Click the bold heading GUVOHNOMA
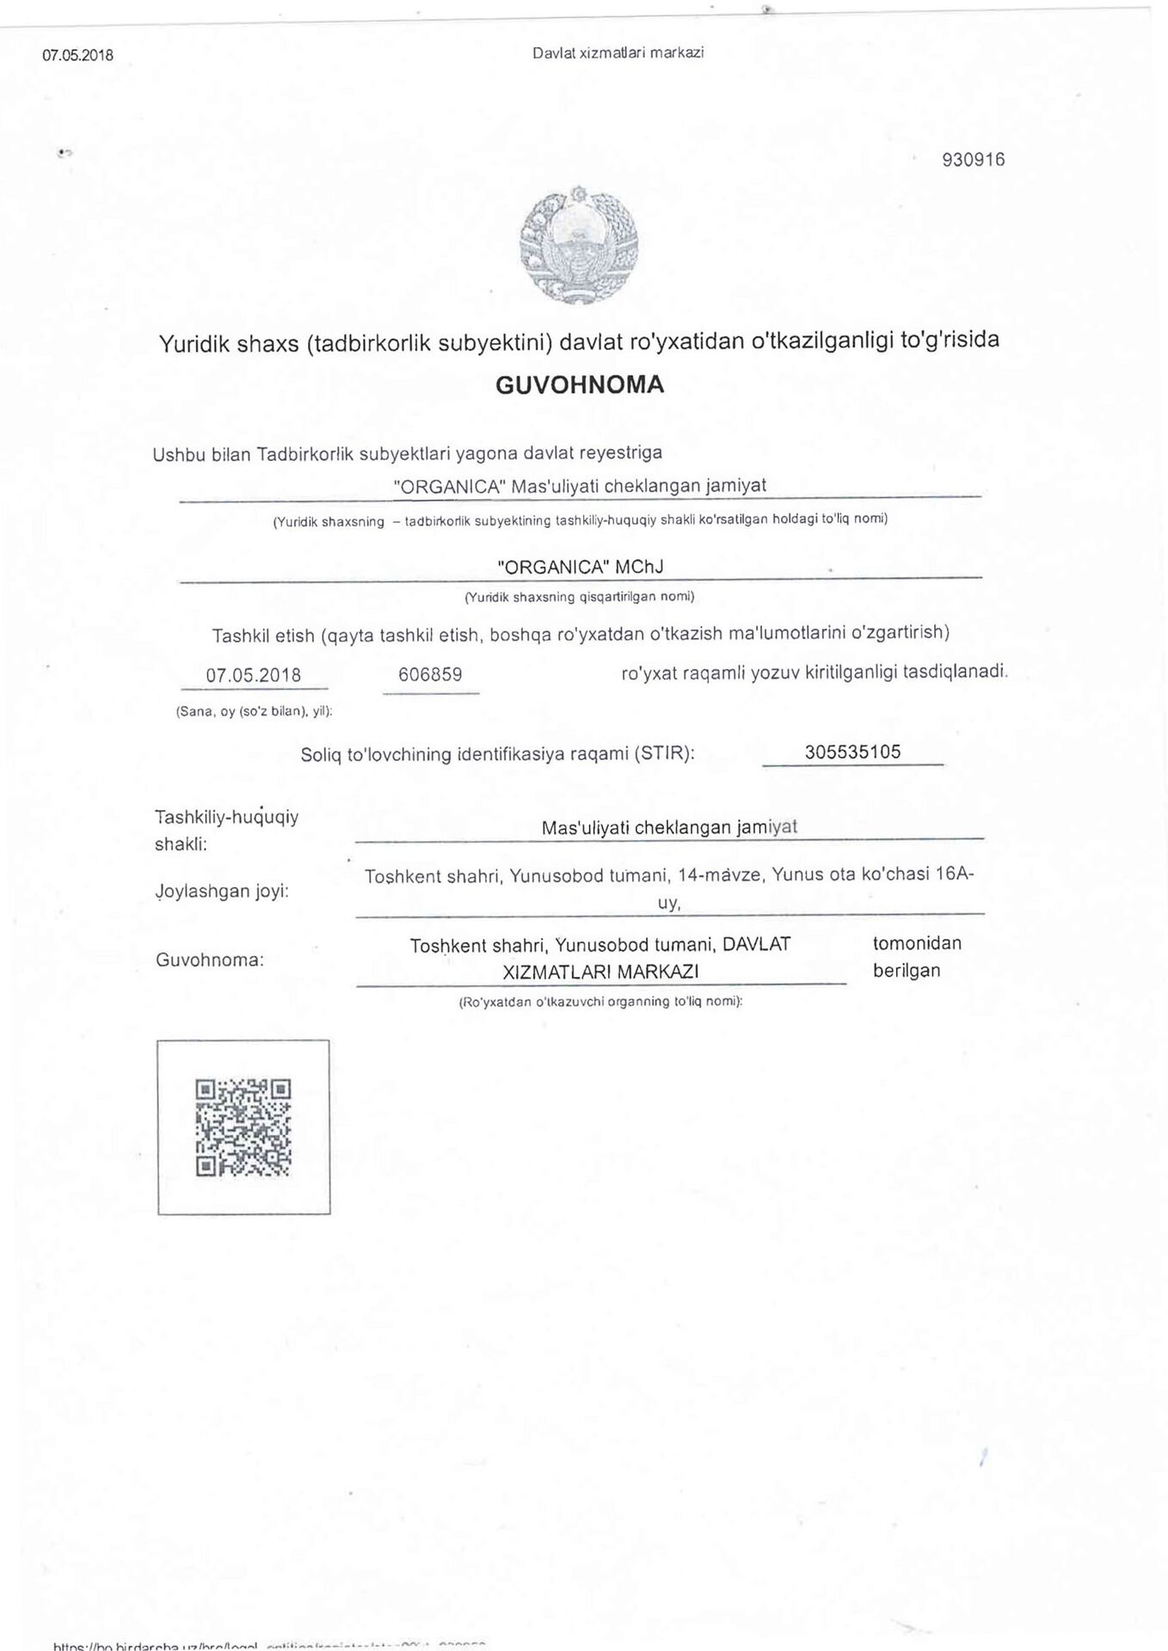pos(580,384)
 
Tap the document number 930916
pos(974,160)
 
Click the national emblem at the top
pos(579,243)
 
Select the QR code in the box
pos(243,1127)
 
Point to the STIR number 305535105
pos(852,752)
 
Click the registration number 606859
pos(430,675)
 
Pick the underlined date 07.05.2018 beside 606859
pos(254,676)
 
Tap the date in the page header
pos(77,56)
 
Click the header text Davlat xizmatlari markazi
pos(618,53)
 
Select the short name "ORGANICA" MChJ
pos(581,568)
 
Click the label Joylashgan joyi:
pos(223,891)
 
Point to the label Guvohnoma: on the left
pos(210,960)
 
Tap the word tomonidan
pos(917,943)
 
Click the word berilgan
pos(907,971)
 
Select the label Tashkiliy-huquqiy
pos(226,817)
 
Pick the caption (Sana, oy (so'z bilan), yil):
pos(254,712)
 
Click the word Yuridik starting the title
pos(194,345)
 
